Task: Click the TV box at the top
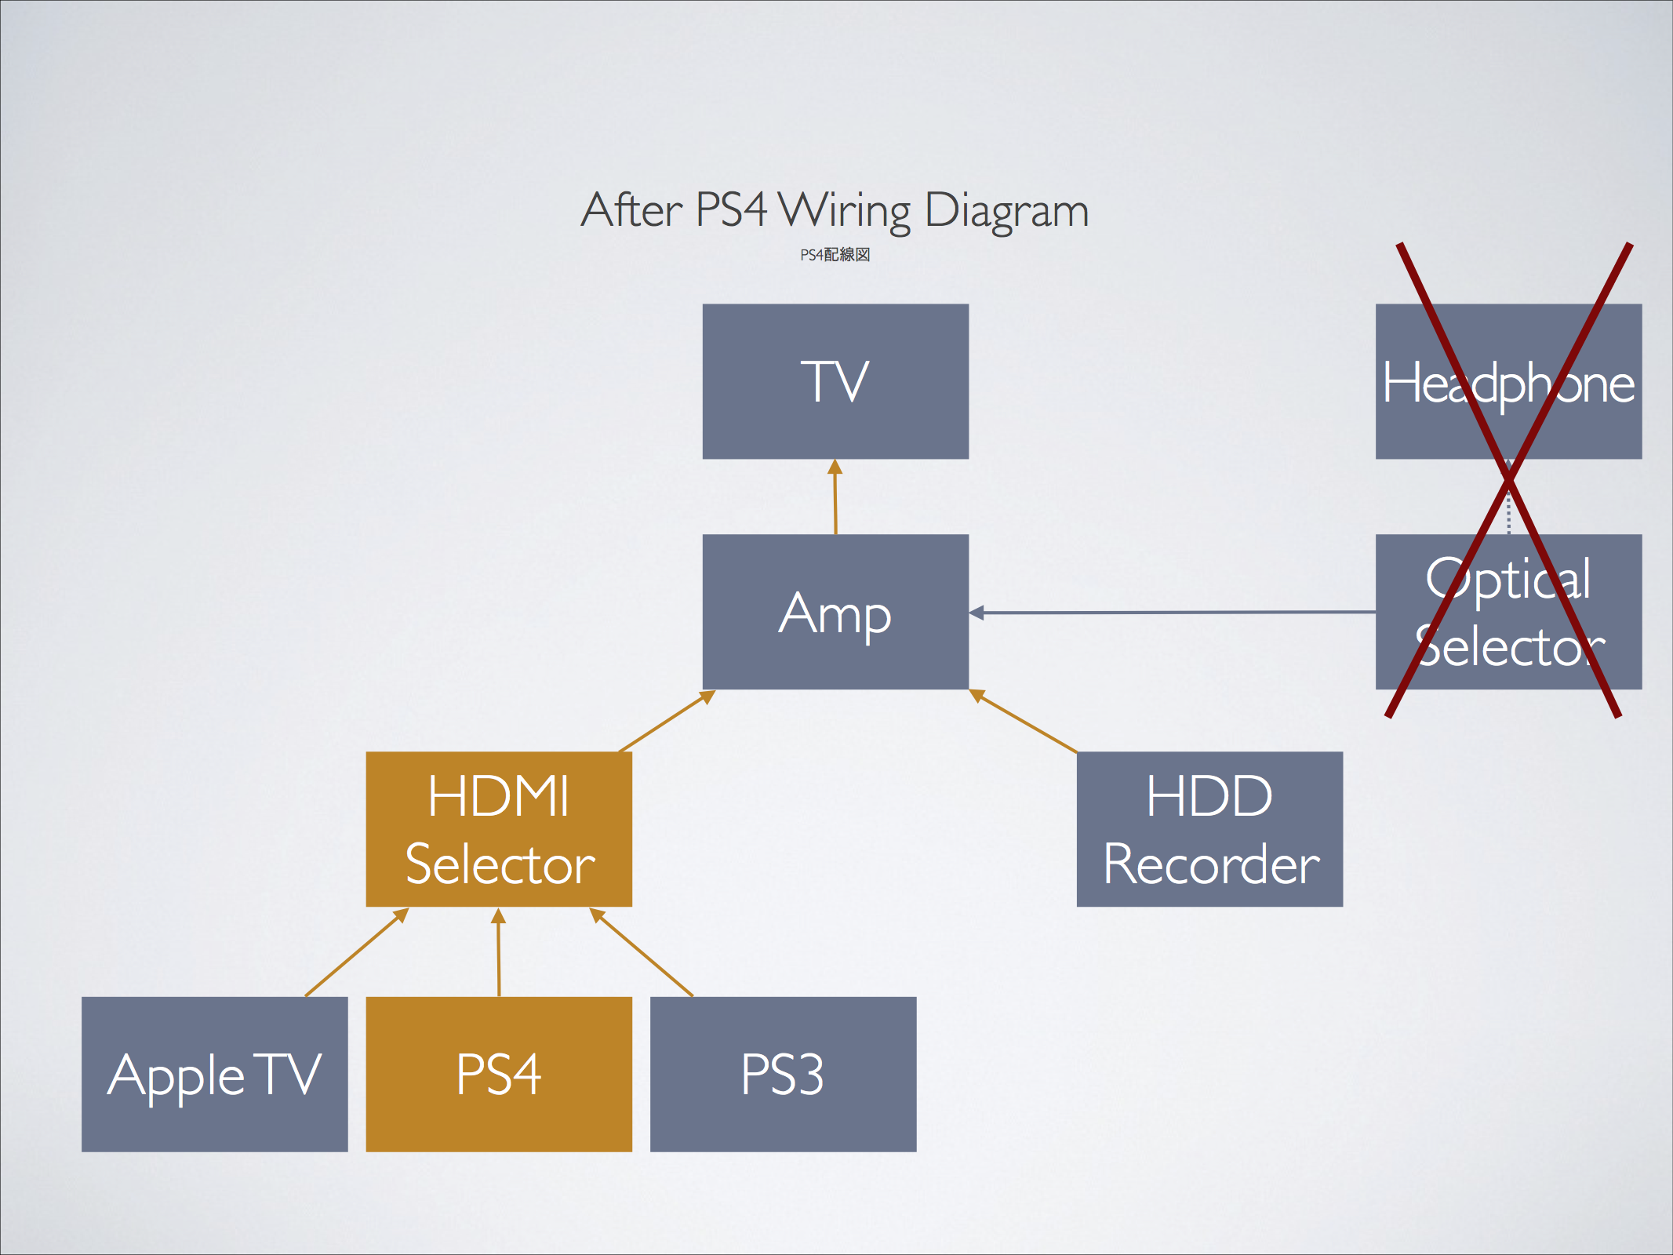click(x=835, y=381)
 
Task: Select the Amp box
click(x=835, y=612)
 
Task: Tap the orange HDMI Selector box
click(x=499, y=829)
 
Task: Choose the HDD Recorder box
click(x=1209, y=829)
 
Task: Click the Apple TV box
click(x=214, y=1074)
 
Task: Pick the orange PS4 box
click(x=499, y=1074)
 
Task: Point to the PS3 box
click(x=783, y=1074)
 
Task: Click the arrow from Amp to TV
click(x=835, y=497)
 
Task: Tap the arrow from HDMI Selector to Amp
click(x=667, y=722)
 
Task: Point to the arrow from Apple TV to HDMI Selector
click(x=357, y=952)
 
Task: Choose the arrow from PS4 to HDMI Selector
click(x=498, y=952)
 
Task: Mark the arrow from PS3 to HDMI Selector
click(x=641, y=952)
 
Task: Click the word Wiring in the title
click(x=845, y=210)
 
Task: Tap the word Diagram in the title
click(x=1007, y=210)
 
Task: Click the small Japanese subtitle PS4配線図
click(x=835, y=255)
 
